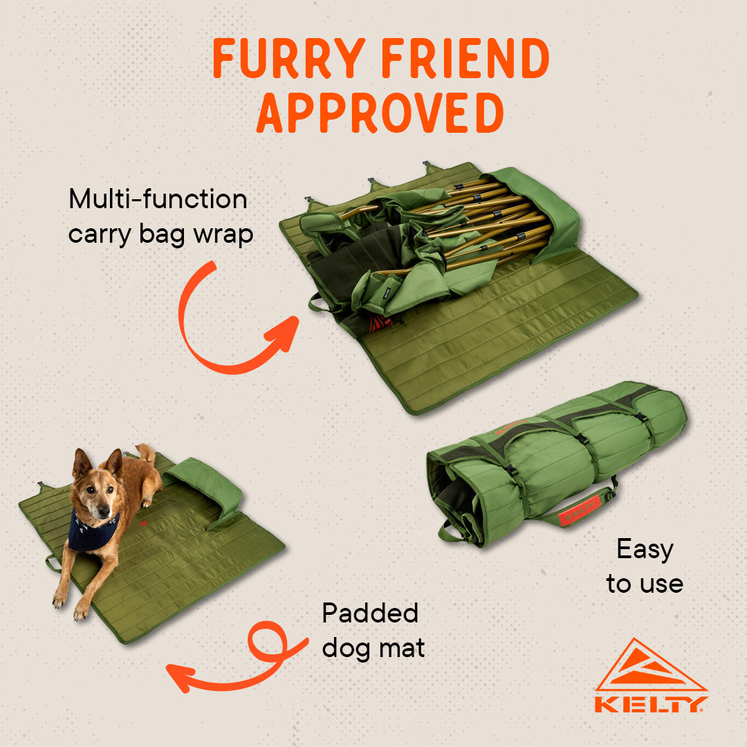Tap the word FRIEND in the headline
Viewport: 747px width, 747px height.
coord(465,58)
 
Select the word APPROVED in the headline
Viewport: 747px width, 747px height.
coord(380,113)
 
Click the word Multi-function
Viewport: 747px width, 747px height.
coord(158,199)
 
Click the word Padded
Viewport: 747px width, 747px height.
coord(370,613)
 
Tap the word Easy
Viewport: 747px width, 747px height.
coord(645,550)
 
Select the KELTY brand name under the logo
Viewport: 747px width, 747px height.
coord(651,704)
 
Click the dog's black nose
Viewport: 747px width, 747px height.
coord(103,513)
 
